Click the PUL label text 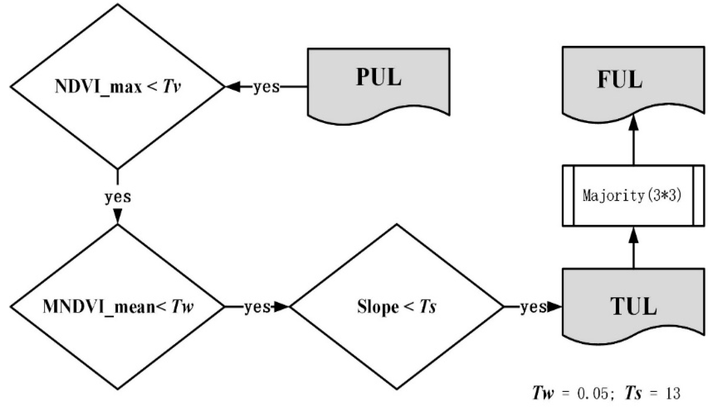click(379, 77)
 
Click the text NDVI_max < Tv click(118, 86)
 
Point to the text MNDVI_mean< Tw click(118, 307)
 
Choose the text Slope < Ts click(396, 307)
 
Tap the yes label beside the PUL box click(266, 87)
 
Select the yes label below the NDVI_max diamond click(118, 197)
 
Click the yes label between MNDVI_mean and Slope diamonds click(257, 307)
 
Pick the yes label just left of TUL click(533, 307)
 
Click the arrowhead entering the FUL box click(633, 123)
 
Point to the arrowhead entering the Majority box click(633, 235)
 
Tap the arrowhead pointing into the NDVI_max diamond click(234, 87)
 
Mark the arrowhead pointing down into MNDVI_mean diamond click(118, 216)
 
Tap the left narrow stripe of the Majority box click(568, 196)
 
